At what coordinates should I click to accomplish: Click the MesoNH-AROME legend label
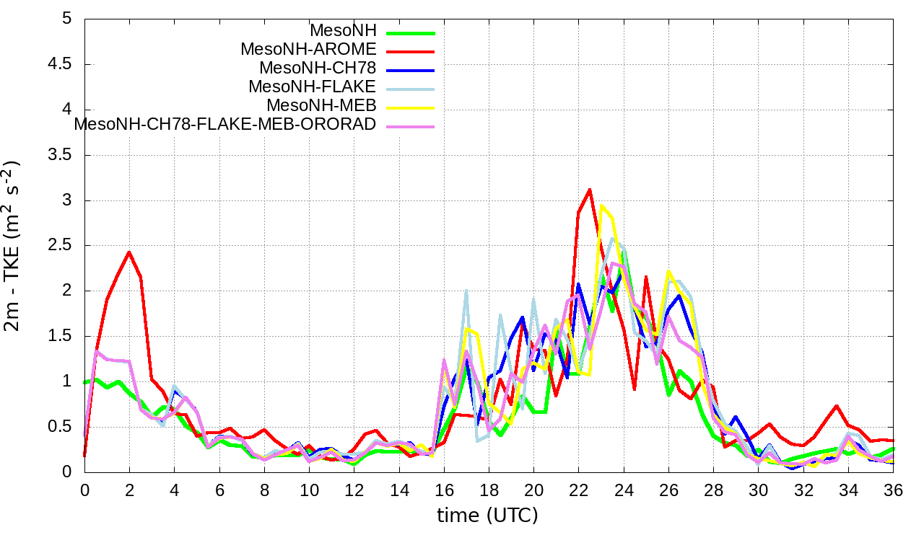coord(308,50)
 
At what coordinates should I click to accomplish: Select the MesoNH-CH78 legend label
coord(318,68)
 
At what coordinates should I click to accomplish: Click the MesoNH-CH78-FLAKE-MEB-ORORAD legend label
coord(225,124)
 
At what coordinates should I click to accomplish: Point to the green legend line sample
coord(411,32)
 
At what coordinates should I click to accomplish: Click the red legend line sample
coord(411,51)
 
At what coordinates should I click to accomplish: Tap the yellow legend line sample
coord(411,107)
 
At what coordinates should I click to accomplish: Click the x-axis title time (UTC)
coord(487,516)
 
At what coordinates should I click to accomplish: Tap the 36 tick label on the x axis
coord(894,489)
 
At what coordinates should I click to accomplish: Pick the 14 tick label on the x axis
coord(399,489)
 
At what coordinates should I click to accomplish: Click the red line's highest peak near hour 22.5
coord(590,190)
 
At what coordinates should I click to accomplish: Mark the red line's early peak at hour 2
coord(129,252)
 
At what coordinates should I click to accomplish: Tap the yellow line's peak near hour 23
coord(601,205)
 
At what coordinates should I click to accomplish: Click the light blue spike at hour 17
coord(466,291)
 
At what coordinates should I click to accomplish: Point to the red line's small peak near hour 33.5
coord(837,406)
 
